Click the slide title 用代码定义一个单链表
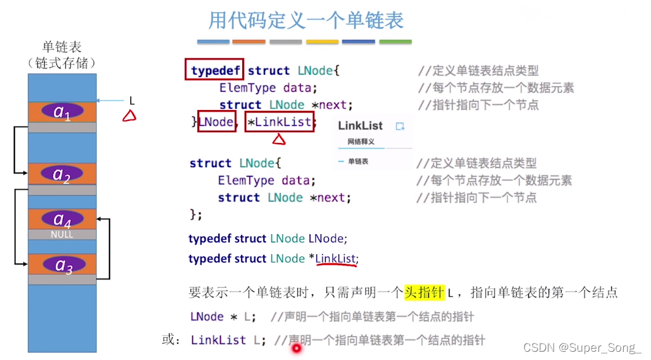pos(306,21)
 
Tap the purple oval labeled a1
pos(62,111)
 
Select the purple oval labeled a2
pos(62,173)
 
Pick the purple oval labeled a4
pos(62,219)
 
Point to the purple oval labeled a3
pos(62,264)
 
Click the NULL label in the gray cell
pos(62,235)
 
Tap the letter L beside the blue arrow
pos(132,101)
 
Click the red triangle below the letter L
pos(129,115)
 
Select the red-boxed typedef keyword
pos(216,70)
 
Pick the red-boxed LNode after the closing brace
pos(216,121)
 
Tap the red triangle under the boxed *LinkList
pos(279,139)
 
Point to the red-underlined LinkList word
pos(336,258)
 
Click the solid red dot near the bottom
pos(295,347)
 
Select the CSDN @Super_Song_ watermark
pos(582,347)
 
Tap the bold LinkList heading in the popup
pos(361,125)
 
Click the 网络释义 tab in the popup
pos(361,142)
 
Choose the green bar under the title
pos(395,42)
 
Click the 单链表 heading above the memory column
pos(62,47)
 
